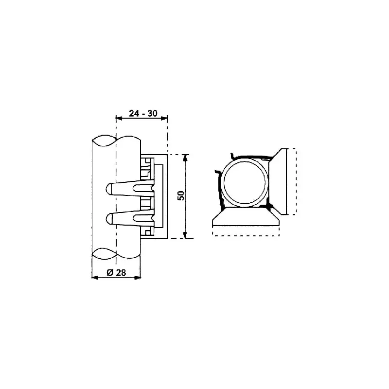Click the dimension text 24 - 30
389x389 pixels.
(x=143, y=113)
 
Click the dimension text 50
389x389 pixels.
(x=181, y=196)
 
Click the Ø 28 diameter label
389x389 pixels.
(x=116, y=273)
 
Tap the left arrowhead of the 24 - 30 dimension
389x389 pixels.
(x=119, y=118)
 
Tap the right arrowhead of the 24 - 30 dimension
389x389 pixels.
(x=164, y=118)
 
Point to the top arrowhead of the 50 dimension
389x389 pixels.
(x=185, y=158)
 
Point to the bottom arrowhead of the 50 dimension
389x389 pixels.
(x=185, y=235)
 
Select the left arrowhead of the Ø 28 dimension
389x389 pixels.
(x=95, y=278)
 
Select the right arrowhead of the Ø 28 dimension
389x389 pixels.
(x=138, y=278)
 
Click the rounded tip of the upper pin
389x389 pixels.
(x=108, y=189)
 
